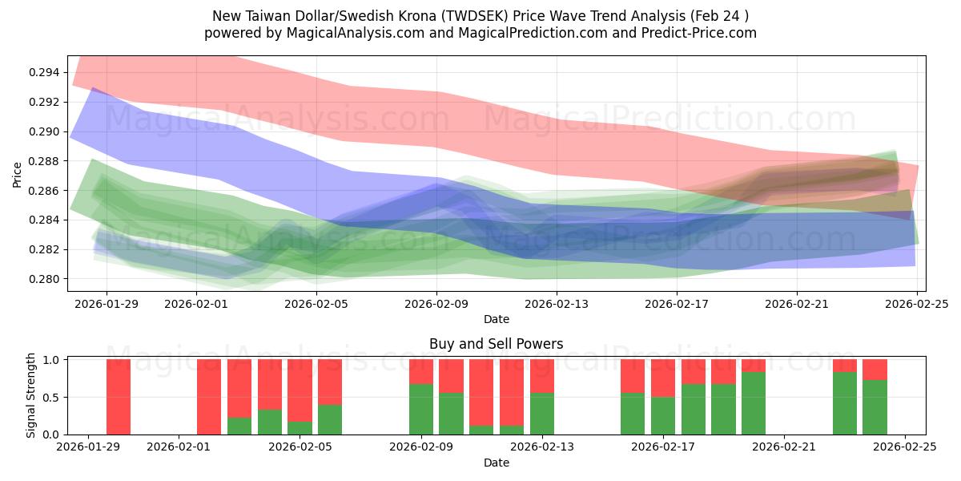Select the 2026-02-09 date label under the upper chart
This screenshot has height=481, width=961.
coord(437,304)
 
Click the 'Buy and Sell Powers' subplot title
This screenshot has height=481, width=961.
coord(496,344)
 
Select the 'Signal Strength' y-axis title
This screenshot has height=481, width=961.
coord(31,396)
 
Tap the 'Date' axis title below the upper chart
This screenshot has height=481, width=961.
coord(496,319)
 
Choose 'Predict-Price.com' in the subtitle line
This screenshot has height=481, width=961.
coord(694,33)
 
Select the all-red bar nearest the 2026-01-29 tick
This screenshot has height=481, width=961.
coord(119,397)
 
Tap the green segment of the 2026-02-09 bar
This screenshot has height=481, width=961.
coord(421,409)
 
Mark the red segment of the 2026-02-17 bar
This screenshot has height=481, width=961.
coord(662,378)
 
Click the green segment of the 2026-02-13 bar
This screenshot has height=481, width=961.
coord(542,413)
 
